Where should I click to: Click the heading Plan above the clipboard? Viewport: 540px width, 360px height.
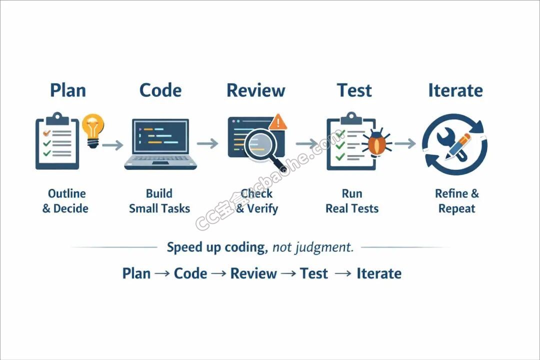coord(68,90)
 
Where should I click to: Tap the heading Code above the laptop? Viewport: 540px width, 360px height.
coord(160,90)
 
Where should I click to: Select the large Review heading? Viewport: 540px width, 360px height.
coord(256,90)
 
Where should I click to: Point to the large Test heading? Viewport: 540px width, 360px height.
coord(354,90)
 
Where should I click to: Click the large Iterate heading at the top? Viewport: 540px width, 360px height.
coord(455,90)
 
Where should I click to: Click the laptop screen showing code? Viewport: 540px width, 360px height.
coord(160,136)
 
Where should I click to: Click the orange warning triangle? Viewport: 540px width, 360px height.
coord(277,122)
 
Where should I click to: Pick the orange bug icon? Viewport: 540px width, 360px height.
coord(377,142)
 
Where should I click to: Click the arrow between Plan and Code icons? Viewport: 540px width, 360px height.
coord(112,145)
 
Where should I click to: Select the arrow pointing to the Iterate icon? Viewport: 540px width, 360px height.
coord(405,143)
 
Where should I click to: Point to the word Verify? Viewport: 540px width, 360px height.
coord(262,209)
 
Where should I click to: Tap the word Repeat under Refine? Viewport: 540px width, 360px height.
coord(456,209)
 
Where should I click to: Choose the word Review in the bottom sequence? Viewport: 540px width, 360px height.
coord(253,273)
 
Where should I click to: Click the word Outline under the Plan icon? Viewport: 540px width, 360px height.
coord(67,193)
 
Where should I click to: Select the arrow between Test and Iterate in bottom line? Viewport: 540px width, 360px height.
coord(343,273)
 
